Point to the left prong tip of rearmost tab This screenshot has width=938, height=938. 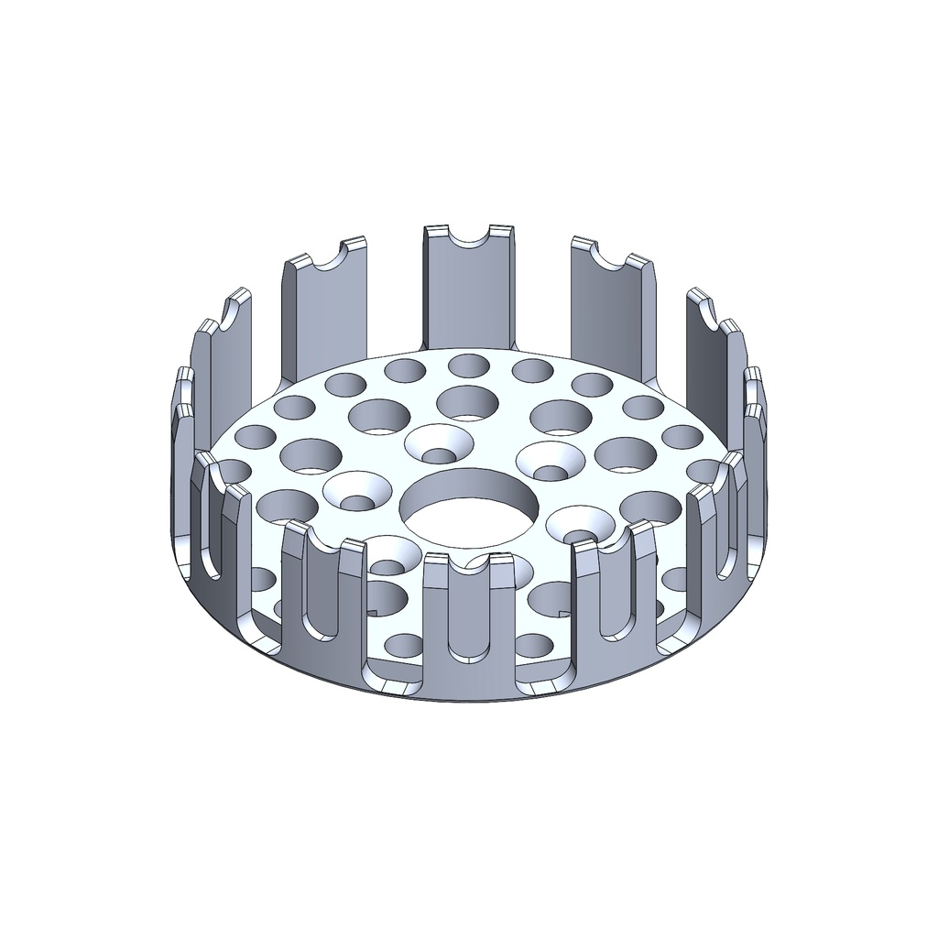coord(435,229)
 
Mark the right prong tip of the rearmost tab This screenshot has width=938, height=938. coord(500,229)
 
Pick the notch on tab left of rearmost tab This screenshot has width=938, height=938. coord(325,258)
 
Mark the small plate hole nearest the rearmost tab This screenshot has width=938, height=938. coord(468,367)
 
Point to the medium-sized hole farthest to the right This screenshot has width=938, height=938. coord(651,507)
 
